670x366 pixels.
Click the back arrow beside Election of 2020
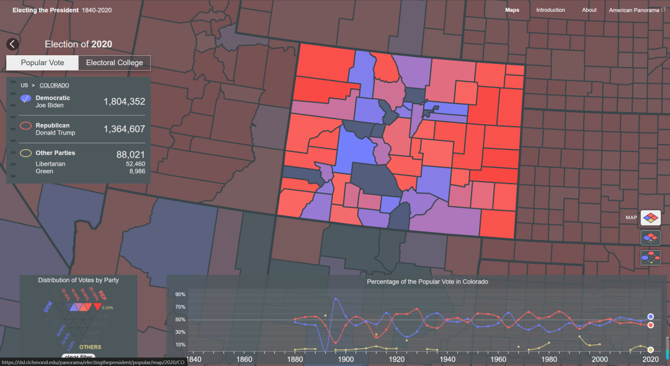coord(12,44)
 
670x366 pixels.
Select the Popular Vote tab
coord(42,63)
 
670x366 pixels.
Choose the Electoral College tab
coord(114,63)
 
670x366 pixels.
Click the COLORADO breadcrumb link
coord(54,85)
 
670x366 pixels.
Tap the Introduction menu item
coord(550,10)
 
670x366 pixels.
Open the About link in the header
coord(589,10)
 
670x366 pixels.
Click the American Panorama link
coord(634,10)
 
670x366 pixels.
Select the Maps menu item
coord(512,10)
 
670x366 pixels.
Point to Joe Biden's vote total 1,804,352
coord(124,101)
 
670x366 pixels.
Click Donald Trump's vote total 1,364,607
coord(124,129)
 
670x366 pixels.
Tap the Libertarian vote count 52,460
coord(135,164)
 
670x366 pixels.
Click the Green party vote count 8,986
coord(137,171)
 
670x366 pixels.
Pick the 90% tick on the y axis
coord(181,295)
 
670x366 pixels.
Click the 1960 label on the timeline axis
coord(498,359)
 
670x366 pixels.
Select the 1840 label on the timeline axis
coord(195,359)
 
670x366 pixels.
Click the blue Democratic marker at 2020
coord(650,316)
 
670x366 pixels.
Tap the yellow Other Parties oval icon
coord(26,153)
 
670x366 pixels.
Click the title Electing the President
coord(45,11)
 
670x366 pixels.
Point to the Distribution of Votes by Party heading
coord(78,280)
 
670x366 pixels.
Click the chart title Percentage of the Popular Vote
coord(427,282)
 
